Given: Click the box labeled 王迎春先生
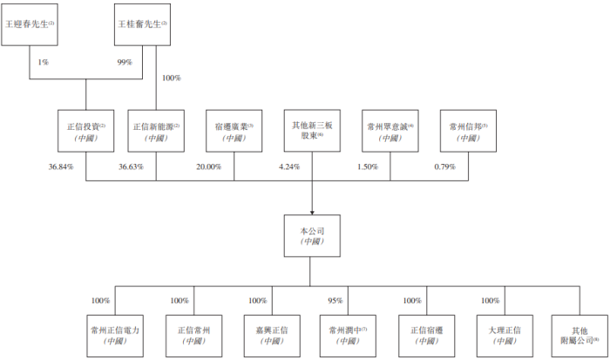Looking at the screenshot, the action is pos(30,24).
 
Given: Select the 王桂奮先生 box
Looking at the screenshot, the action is pos(142,24).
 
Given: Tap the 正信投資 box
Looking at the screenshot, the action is pos(86,131).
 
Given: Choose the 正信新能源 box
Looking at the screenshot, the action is pos(156,131).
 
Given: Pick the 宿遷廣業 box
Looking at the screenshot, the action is pos(234,131).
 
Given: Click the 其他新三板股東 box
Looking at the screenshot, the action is pos(312,131).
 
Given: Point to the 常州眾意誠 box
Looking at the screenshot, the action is pos(390,131).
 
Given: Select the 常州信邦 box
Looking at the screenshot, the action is pos(469,131).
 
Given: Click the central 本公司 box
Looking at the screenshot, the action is pos(312,236).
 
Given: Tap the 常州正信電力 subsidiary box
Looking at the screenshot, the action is pos(115,336).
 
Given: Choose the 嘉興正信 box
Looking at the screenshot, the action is pos(272,336).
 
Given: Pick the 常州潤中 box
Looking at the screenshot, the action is pos(348,336).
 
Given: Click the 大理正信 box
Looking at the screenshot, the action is pos(505,336).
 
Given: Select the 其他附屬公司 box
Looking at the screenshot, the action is pos(579,336).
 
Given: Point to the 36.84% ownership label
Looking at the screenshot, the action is pos(61,166).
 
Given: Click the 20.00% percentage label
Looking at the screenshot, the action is pos(208,166).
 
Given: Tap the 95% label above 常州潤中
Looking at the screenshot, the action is pos(335,301).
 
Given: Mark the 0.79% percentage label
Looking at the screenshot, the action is pos(445,166).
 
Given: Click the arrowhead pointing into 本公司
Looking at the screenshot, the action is pos(312,213).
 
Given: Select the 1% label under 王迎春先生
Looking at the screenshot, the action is pos(44,62).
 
